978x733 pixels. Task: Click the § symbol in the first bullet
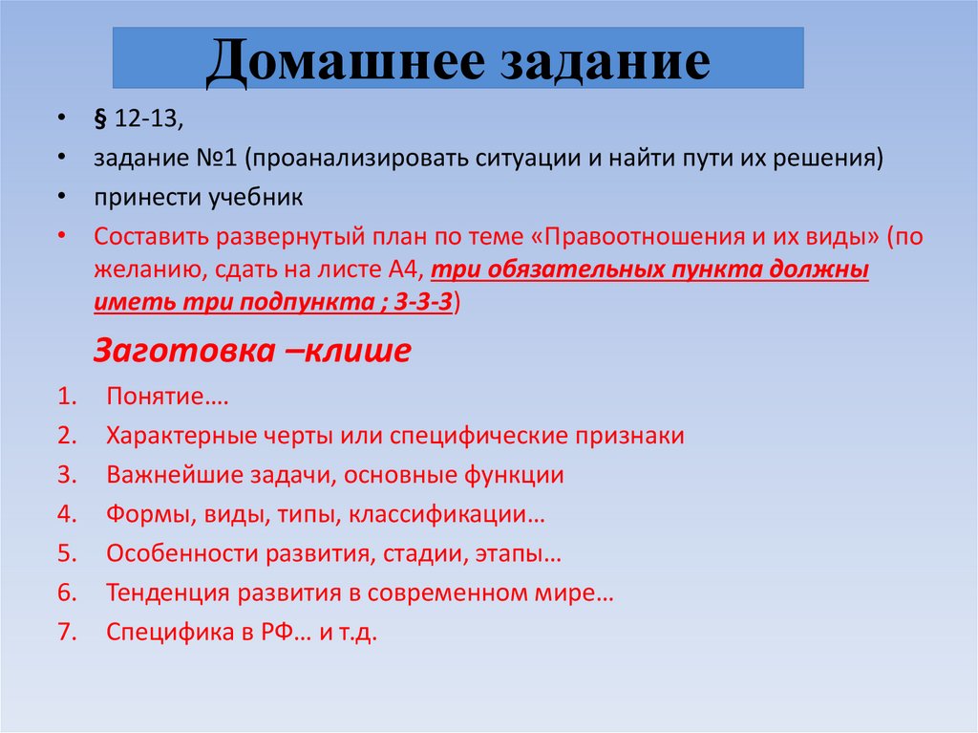tap(99, 119)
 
